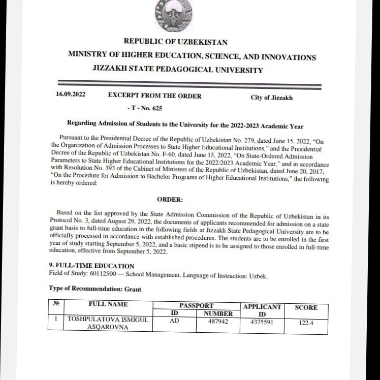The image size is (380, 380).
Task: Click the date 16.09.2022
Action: (x=71, y=95)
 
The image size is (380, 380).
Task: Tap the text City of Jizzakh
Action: (x=271, y=98)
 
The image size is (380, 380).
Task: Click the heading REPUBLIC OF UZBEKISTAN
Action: (x=175, y=42)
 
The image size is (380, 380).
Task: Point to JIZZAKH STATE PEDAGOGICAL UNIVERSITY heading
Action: (x=178, y=70)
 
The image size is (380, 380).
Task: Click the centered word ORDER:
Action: (x=170, y=200)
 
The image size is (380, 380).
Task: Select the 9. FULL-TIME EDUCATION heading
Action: (x=91, y=266)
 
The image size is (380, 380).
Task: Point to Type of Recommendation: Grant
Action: (x=95, y=289)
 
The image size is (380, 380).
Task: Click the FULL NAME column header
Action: (x=108, y=304)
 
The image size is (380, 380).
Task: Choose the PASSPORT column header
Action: (x=196, y=305)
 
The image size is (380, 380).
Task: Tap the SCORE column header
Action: (x=306, y=307)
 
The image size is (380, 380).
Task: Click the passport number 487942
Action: (x=218, y=321)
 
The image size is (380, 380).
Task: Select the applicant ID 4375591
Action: (x=262, y=322)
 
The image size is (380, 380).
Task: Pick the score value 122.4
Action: (x=306, y=323)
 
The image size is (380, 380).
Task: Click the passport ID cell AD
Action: (x=174, y=321)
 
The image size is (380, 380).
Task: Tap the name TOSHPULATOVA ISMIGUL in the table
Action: (x=109, y=320)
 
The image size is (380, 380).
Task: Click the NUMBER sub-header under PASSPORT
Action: (x=218, y=313)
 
